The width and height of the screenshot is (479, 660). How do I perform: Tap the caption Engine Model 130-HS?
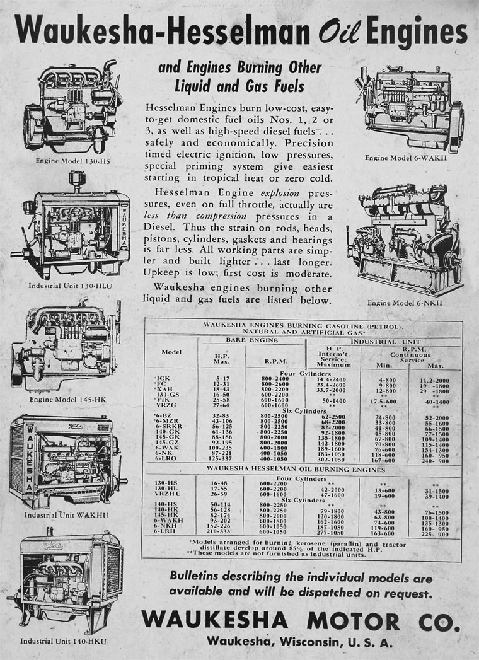pos(72,161)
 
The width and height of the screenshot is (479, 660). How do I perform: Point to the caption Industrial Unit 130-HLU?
pos(70,286)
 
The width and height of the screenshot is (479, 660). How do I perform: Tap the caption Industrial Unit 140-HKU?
pos(63,642)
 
